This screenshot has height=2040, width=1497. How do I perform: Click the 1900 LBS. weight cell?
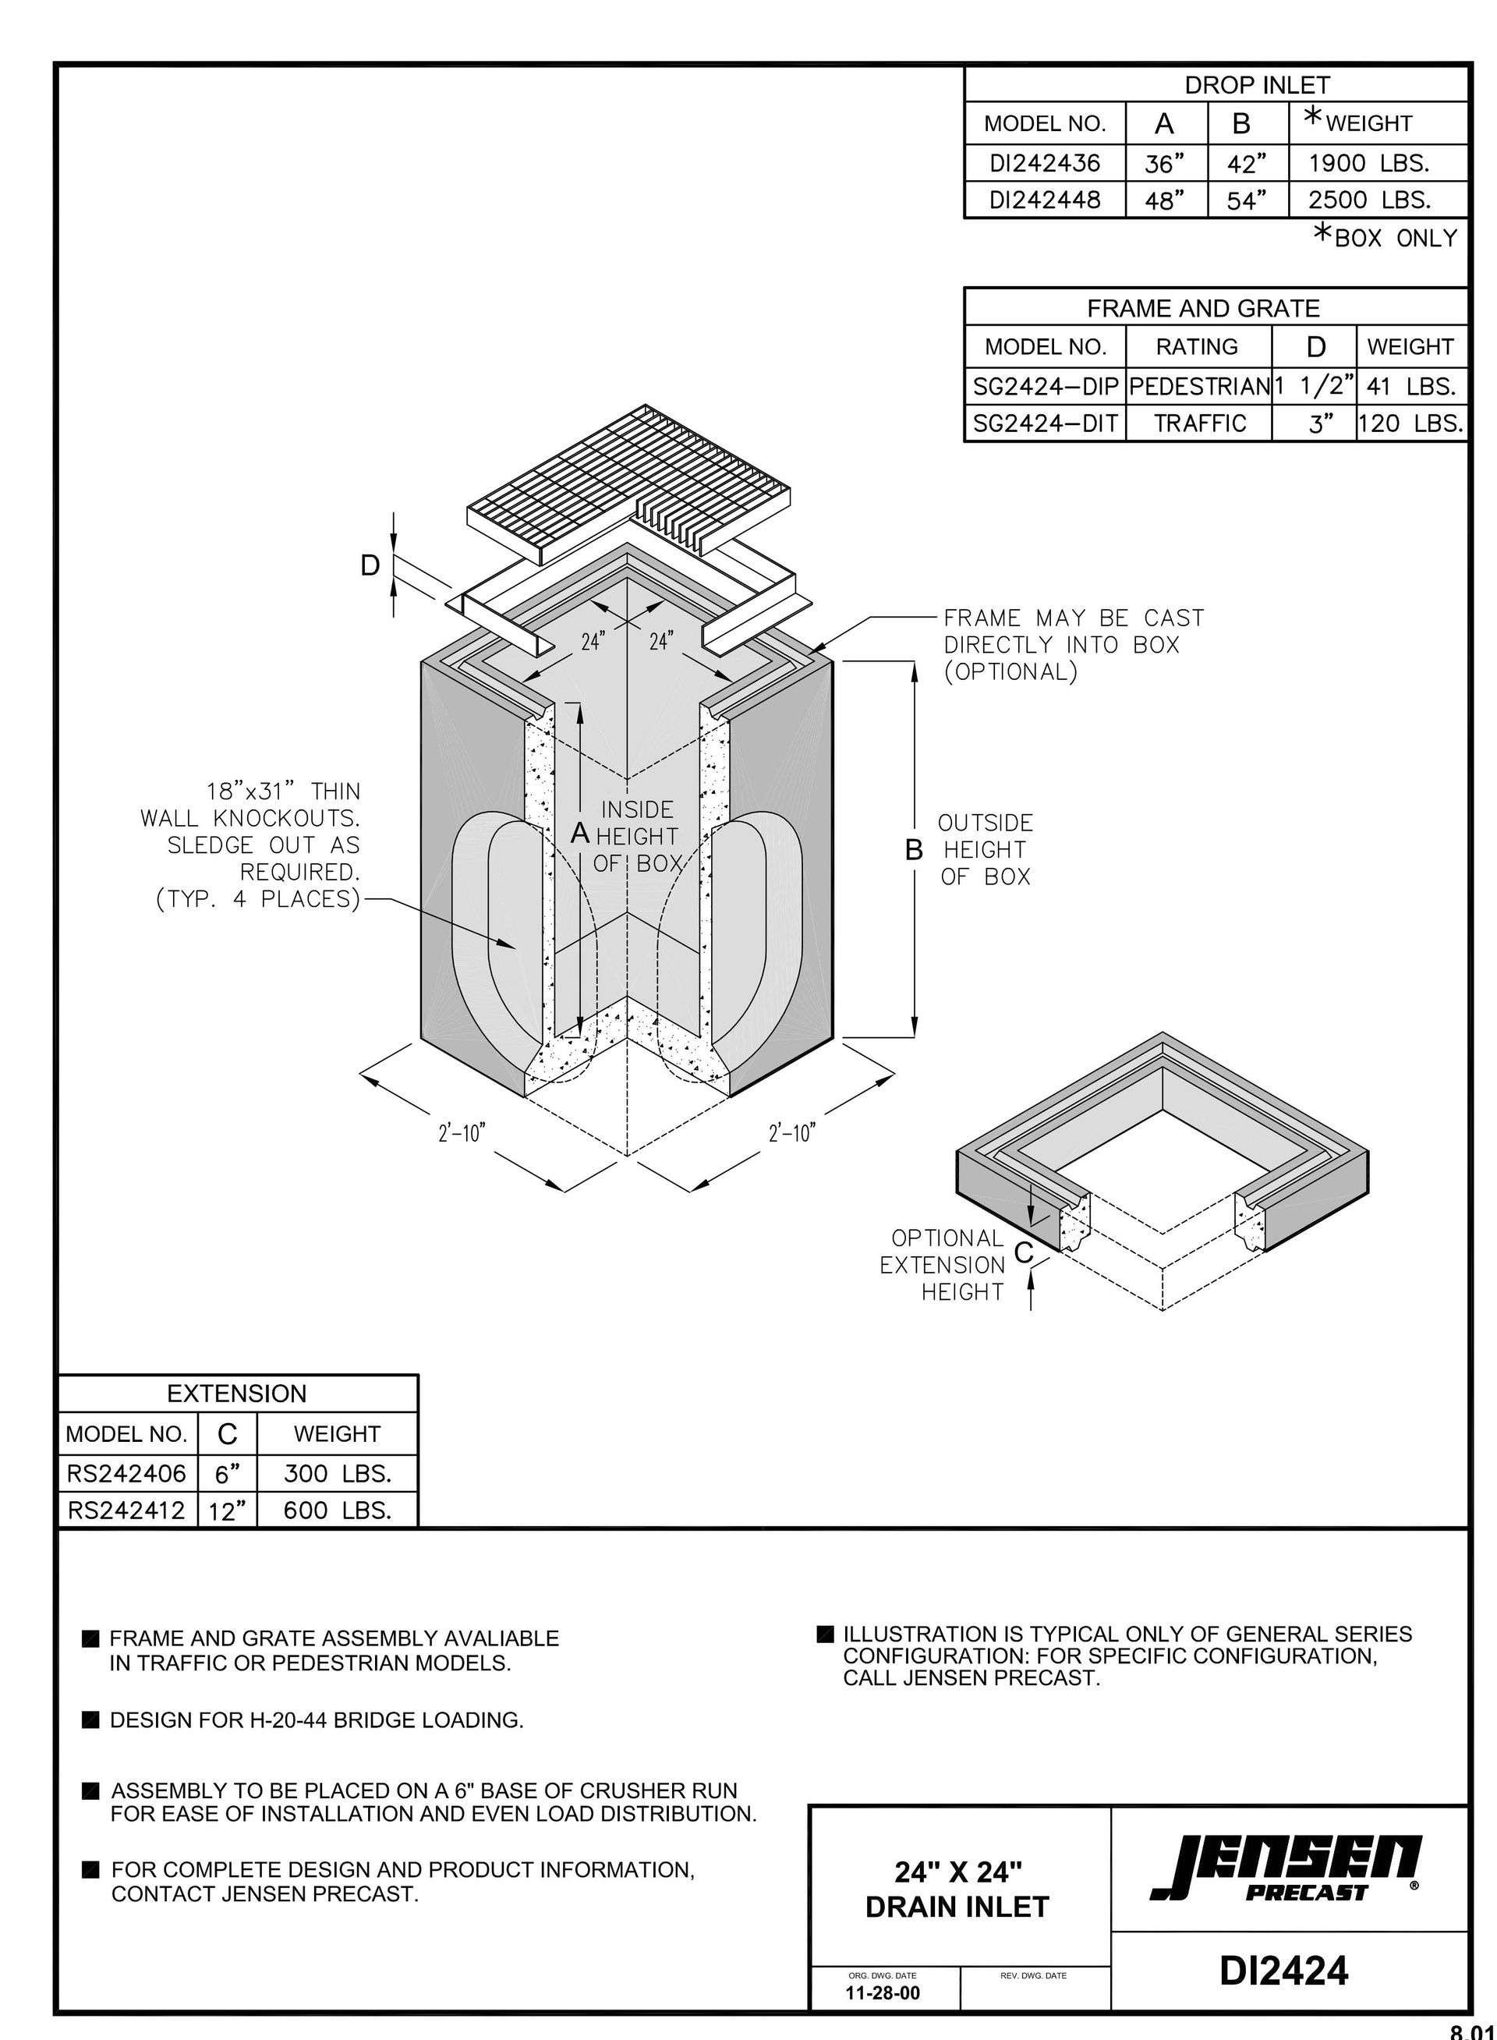pos(1368,163)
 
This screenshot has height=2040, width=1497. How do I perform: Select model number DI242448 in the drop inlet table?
pos(1044,200)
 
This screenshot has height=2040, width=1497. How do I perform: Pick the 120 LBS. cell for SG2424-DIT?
pos(1410,423)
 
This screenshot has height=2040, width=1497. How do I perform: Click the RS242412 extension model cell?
pos(126,1510)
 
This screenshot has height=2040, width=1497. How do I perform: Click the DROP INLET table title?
pos(1257,85)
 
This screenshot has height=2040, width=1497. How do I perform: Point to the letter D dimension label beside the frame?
pos(370,566)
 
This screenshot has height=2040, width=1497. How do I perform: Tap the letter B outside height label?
pos(915,850)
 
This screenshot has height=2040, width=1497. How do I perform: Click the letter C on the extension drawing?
pos(1023,1252)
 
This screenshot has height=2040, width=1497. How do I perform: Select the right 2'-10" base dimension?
pos(792,1133)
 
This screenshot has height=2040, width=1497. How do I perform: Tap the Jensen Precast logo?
pos(1286,1871)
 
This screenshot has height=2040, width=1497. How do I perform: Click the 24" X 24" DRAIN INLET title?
pos(957,1889)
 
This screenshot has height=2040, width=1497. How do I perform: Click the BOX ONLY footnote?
pos(1386,236)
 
